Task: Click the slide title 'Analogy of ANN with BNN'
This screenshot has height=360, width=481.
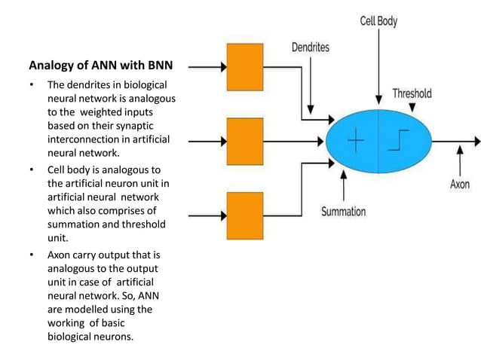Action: pyautogui.click(x=101, y=66)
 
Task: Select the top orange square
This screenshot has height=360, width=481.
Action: pyautogui.click(x=245, y=67)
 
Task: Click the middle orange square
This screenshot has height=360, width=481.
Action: pyautogui.click(x=245, y=141)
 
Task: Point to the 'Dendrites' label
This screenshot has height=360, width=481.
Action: pyautogui.click(x=311, y=47)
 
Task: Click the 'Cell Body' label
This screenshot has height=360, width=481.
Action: pyautogui.click(x=378, y=22)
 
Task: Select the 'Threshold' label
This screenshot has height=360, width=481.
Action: pyautogui.click(x=412, y=93)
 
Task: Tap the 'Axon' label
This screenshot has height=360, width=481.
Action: pyautogui.click(x=459, y=184)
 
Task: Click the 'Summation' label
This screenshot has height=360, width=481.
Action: pyautogui.click(x=343, y=212)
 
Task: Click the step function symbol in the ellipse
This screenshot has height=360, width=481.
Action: pyautogui.click(x=400, y=142)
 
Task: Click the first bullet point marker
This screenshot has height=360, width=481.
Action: pyautogui.click(x=32, y=85)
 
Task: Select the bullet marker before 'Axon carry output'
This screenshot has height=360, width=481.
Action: pyautogui.click(x=32, y=255)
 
